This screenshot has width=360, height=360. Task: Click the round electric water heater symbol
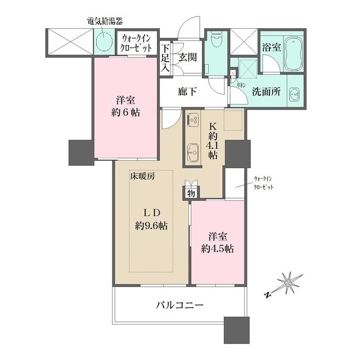103,40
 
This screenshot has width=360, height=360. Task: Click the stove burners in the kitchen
193,120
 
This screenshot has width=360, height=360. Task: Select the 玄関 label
187,58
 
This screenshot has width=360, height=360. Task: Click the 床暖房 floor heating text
143,175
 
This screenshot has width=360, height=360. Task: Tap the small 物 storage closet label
192,193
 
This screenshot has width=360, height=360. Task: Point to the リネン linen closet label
240,84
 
